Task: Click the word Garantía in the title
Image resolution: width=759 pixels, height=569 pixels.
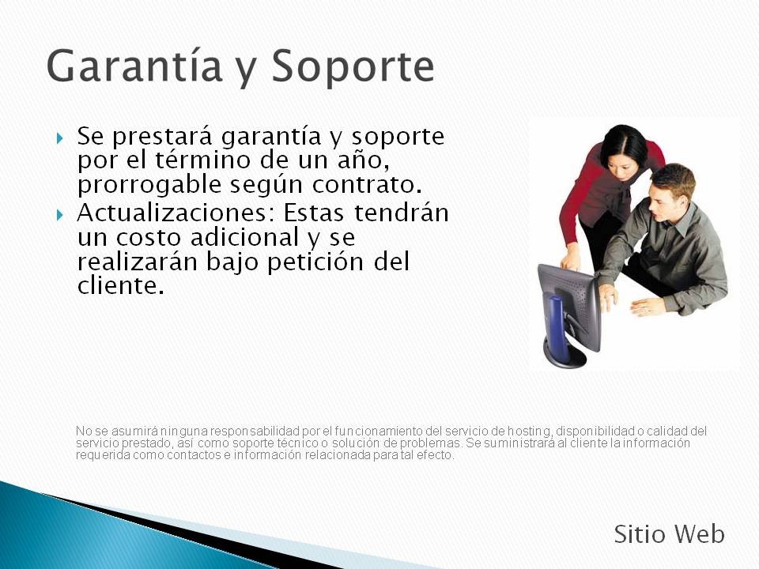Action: tap(134, 66)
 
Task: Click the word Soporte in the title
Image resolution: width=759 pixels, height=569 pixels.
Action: tap(353, 66)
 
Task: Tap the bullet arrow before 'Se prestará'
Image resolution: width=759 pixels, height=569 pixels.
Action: tap(59, 138)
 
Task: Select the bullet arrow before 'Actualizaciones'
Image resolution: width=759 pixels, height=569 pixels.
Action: tap(59, 214)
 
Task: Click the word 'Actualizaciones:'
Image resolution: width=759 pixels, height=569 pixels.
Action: tap(176, 213)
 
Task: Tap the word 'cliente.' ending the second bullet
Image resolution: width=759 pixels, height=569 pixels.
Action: tap(121, 285)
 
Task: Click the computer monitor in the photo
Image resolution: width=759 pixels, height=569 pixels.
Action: tap(569, 315)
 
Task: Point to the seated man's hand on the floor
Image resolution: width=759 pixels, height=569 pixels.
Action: tap(647, 307)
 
